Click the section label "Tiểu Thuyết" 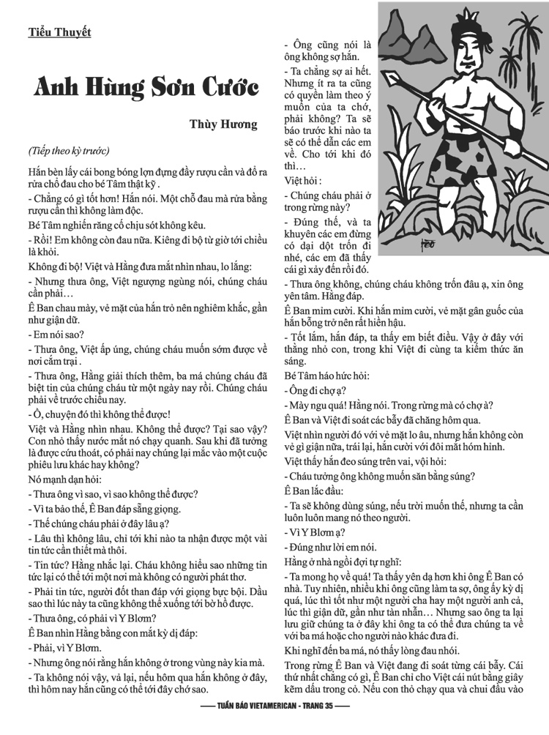click(x=59, y=31)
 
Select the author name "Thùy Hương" click(x=224, y=124)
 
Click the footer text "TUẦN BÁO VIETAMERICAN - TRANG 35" click(x=274, y=726)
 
